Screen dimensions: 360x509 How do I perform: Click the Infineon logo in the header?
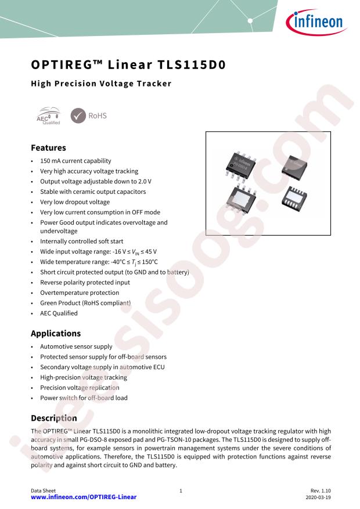(316, 21)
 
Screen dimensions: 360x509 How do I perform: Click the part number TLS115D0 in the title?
(192, 64)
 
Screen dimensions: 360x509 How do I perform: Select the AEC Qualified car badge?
(48, 116)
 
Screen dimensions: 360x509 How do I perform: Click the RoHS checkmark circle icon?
(78, 116)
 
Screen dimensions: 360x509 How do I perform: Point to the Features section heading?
(48, 147)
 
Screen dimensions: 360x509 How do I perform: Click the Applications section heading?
(56, 333)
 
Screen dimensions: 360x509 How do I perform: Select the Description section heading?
(54, 418)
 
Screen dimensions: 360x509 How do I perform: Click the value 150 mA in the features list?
(51, 161)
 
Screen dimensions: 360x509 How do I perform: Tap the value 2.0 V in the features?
(145, 181)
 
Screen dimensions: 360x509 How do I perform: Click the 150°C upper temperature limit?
(150, 262)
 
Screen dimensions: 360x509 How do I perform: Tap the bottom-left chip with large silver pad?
(241, 198)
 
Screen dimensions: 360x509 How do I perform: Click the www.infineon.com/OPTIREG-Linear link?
(84, 497)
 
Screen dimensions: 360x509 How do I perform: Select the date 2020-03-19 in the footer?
(318, 497)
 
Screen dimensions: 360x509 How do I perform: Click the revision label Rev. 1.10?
(321, 491)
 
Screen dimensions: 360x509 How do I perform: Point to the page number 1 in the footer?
(181, 491)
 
